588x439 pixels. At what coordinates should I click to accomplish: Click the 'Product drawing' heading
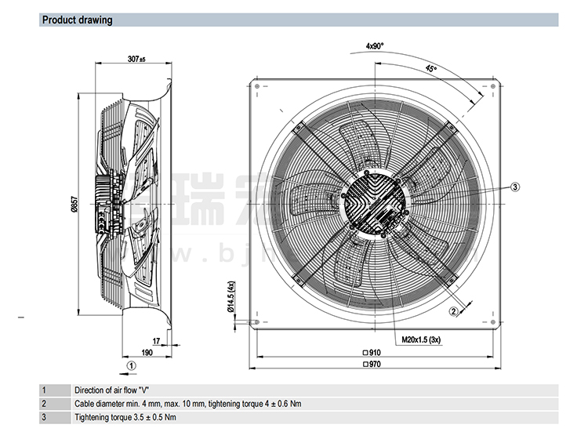coord(77,20)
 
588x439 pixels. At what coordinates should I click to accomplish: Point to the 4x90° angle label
coord(374,46)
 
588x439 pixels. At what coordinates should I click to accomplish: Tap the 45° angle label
coord(430,69)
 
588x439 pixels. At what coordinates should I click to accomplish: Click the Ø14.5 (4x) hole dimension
coord(231,298)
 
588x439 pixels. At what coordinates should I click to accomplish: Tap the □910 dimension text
coord(372,352)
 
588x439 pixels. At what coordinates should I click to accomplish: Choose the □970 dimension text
coord(372,364)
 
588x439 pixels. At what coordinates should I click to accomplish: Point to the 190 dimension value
coord(147,352)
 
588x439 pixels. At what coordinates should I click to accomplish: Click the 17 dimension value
coord(156,340)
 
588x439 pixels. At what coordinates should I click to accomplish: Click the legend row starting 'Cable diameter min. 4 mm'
coord(187,404)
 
